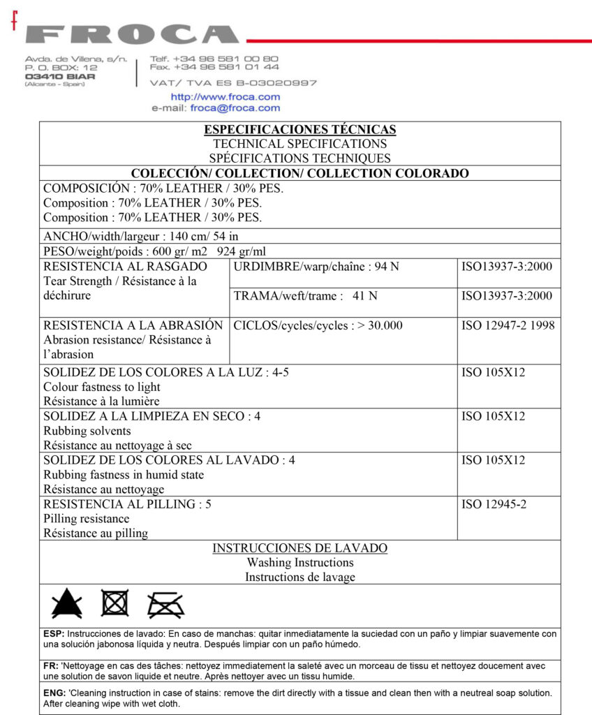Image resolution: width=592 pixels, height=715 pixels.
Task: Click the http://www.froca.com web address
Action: tap(225, 97)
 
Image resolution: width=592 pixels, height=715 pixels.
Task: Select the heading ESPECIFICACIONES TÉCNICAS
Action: tap(299, 129)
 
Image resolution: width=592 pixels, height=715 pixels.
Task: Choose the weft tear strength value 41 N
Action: tap(365, 296)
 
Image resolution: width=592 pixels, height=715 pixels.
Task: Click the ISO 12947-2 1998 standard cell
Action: tap(508, 325)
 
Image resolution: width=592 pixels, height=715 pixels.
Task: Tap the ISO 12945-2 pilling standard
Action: tap(494, 504)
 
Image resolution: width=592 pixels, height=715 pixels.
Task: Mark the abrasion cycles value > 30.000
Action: tap(378, 325)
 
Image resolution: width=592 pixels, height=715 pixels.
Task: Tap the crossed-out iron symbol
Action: tap(165, 605)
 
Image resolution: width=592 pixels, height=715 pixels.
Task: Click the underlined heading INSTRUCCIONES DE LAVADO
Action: tap(299, 548)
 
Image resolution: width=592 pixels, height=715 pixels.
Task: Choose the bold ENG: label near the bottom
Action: tap(55, 693)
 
